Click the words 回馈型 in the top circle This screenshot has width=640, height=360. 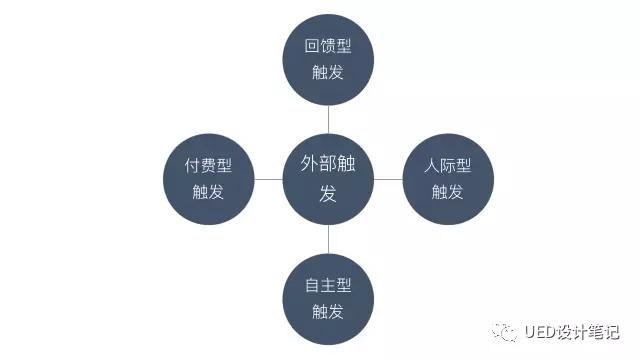tap(328, 46)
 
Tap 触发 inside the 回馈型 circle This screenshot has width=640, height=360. tap(328, 72)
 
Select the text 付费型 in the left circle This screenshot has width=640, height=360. tap(208, 166)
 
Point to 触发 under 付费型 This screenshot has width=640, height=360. tap(208, 192)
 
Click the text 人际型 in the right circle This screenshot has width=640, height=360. tap(448, 166)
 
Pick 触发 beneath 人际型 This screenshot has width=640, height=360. tap(448, 192)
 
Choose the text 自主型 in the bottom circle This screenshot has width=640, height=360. tap(328, 285)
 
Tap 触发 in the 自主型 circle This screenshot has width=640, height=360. tap(328, 311)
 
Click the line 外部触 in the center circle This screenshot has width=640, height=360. tap(328, 164)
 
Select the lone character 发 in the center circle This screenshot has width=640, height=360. tap(328, 193)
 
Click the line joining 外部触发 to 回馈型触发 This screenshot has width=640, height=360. tap(328, 120)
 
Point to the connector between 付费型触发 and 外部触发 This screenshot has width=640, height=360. tap(268, 179)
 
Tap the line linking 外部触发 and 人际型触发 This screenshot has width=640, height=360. tap(388, 179)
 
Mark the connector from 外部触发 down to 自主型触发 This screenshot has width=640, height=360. tap(328, 239)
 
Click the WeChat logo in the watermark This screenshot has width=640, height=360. tap(505, 332)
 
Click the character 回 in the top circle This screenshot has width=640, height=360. tap(312, 46)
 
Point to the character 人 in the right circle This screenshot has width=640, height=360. tap(432, 166)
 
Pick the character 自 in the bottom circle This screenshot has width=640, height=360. tap(312, 285)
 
